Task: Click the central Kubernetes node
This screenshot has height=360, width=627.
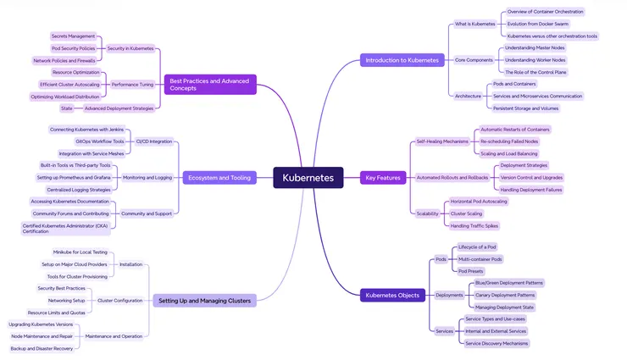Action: click(x=308, y=178)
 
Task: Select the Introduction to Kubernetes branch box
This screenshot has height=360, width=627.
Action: click(x=402, y=60)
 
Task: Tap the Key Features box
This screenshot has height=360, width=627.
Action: click(x=382, y=178)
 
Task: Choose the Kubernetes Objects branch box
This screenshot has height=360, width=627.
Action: click(x=391, y=295)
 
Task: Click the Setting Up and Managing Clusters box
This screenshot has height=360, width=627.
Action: click(x=203, y=300)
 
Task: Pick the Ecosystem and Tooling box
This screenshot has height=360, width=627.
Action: click(x=219, y=178)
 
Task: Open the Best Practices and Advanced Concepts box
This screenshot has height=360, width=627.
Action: click(x=208, y=84)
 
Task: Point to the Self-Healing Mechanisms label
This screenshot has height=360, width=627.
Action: click(x=441, y=141)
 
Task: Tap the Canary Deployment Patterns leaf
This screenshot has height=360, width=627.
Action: click(x=505, y=295)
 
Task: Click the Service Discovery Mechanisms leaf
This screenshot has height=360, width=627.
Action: click(x=497, y=343)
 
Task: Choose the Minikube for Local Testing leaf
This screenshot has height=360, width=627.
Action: click(x=80, y=252)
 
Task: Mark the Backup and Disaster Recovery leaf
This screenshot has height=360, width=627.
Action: click(x=42, y=348)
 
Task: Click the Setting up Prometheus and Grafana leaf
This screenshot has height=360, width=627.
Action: click(x=75, y=178)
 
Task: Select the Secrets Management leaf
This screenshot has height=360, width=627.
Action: click(x=74, y=36)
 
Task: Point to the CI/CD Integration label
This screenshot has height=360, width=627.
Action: click(x=154, y=141)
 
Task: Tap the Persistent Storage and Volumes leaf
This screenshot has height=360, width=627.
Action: click(x=526, y=108)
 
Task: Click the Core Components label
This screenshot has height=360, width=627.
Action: click(x=474, y=60)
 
